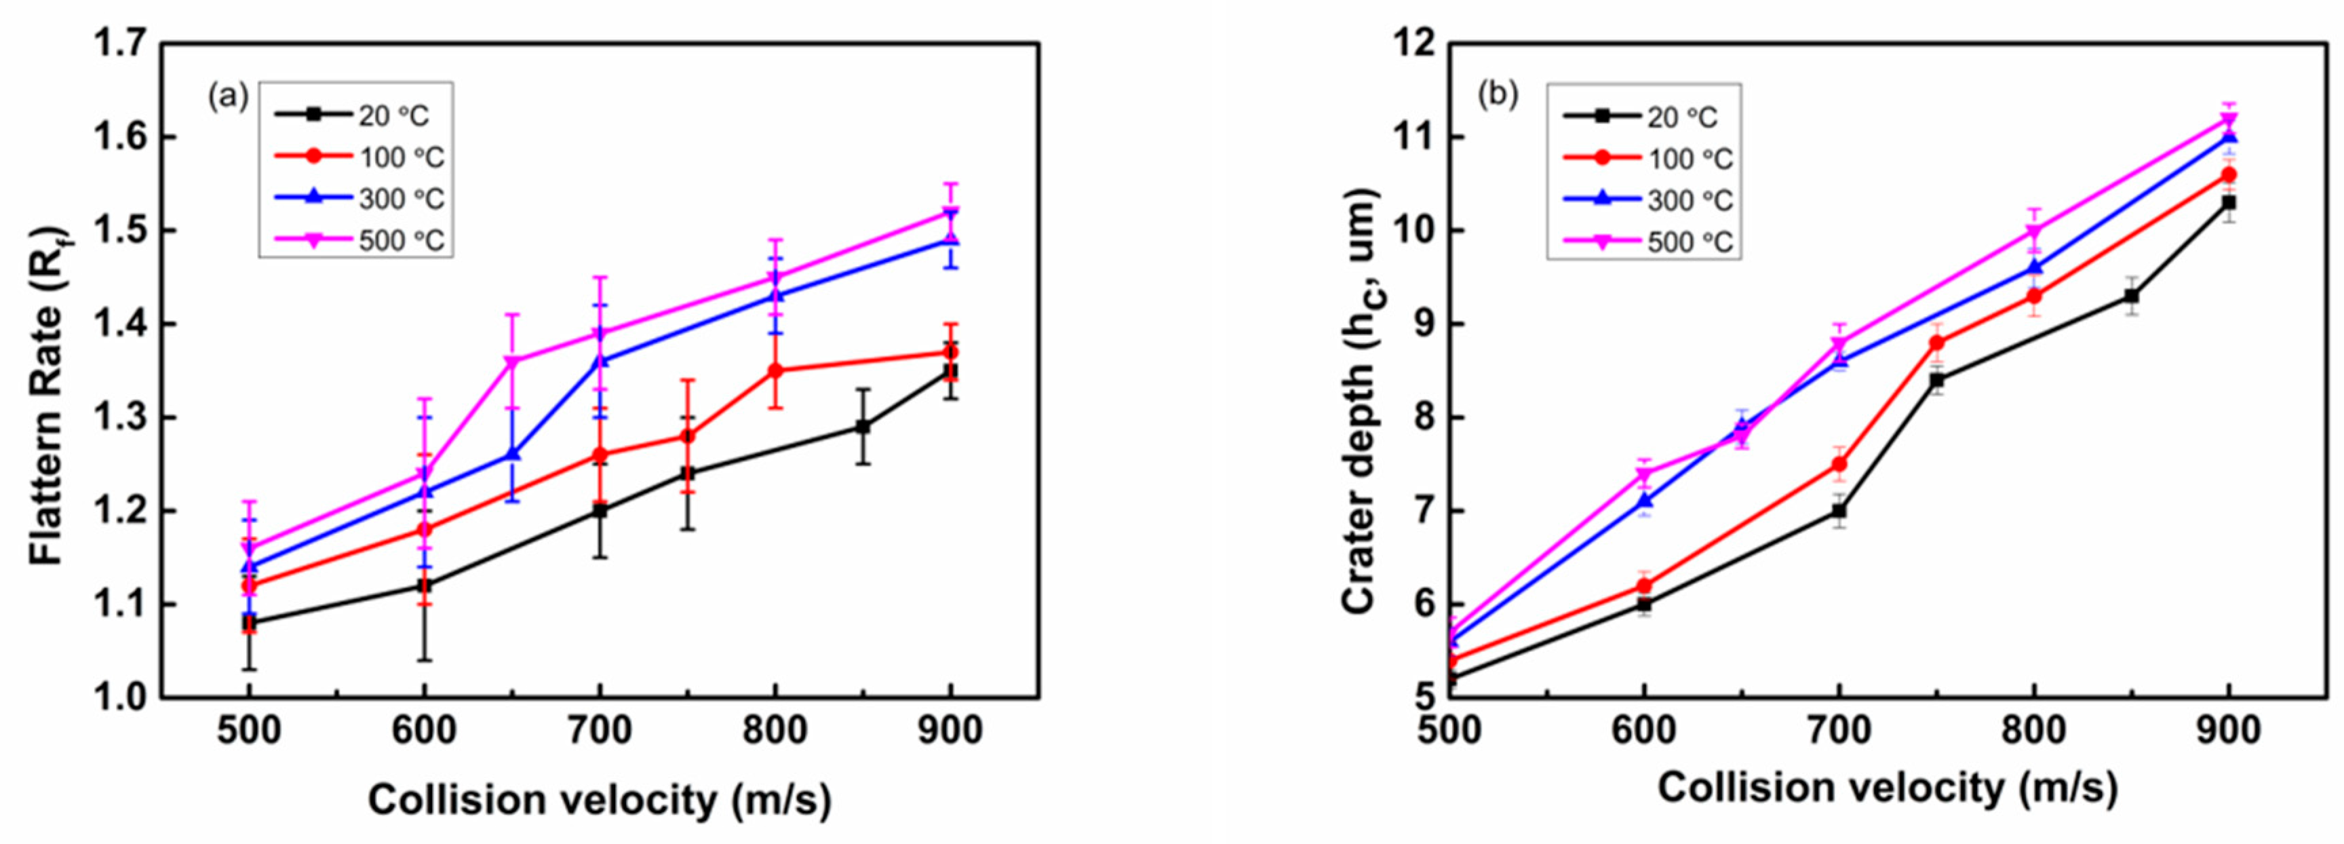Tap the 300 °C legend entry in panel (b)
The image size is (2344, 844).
(x=1689, y=200)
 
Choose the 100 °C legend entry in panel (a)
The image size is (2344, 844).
(x=400, y=157)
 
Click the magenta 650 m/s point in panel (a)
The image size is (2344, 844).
(x=511, y=362)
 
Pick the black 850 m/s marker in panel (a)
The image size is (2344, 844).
(x=863, y=426)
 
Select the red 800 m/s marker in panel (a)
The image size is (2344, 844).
(x=775, y=370)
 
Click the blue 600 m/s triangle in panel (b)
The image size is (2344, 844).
(x=1643, y=501)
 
